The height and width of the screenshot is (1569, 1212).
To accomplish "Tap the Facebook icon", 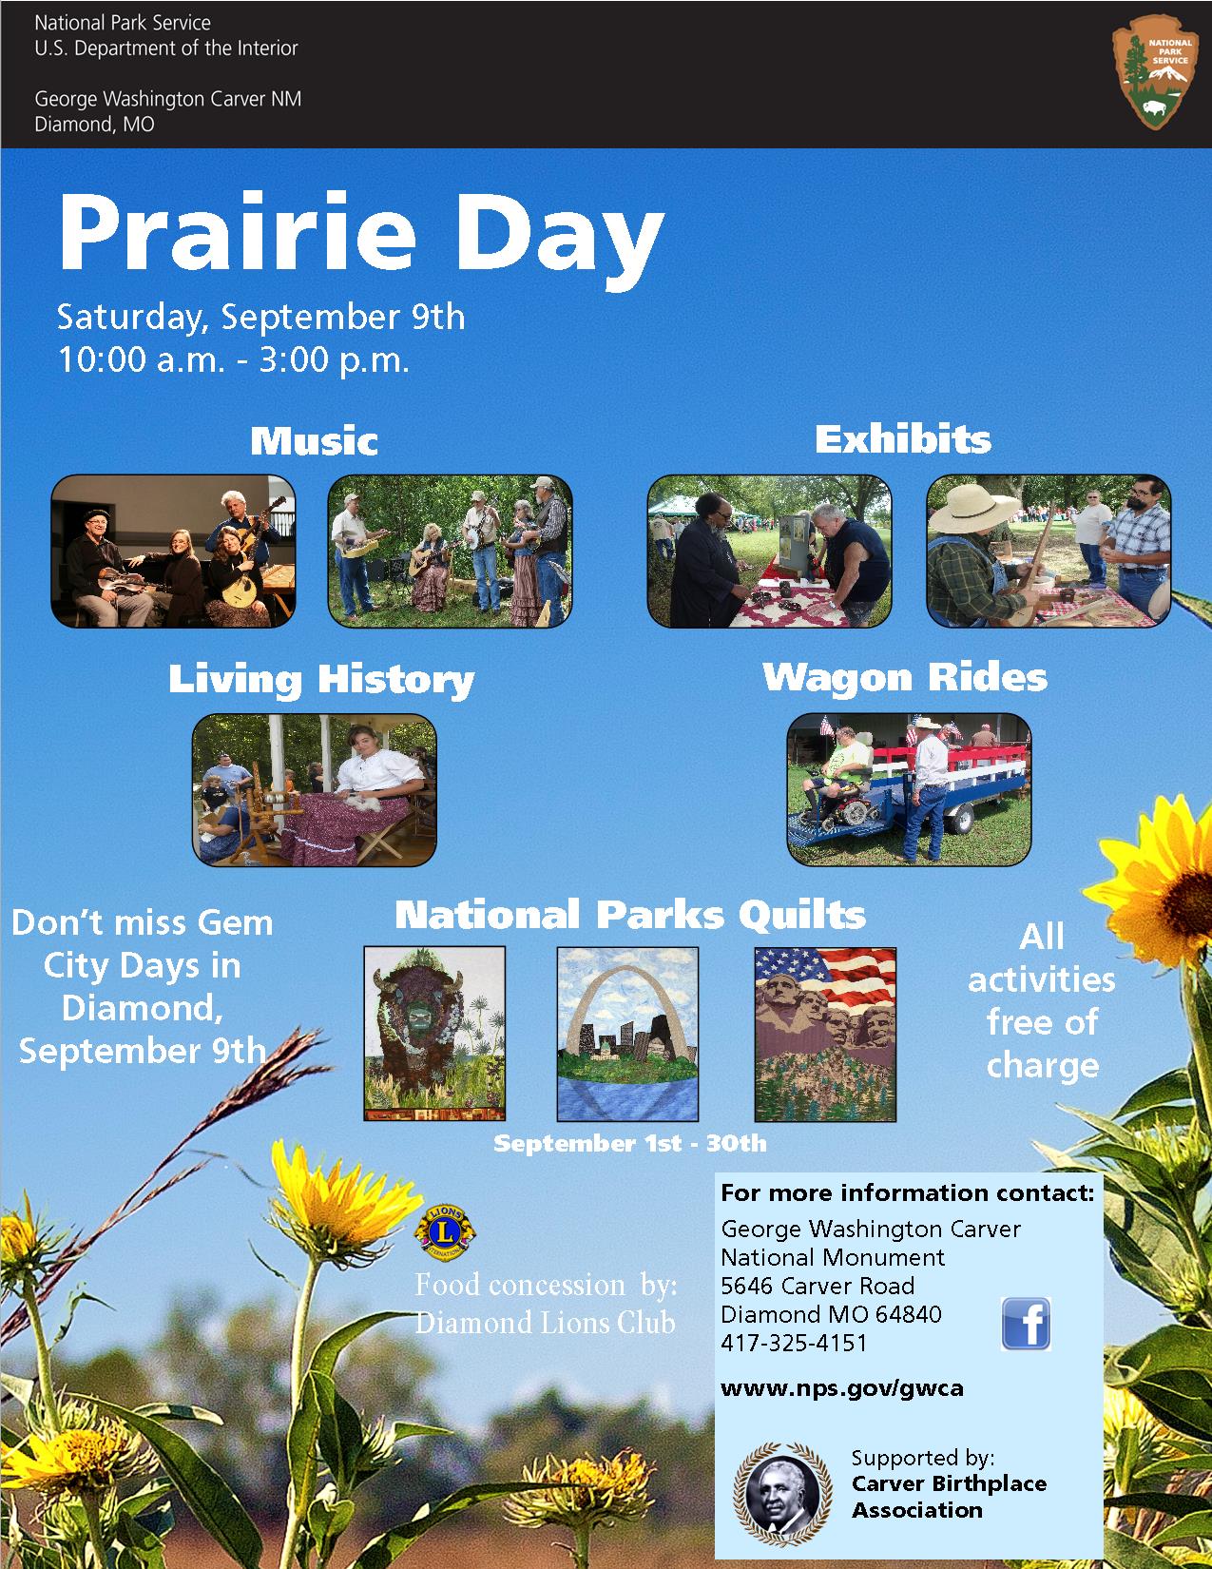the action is (x=1026, y=1323).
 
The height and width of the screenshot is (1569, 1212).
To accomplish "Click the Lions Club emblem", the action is (x=446, y=1231).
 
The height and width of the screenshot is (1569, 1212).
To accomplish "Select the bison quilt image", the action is (x=434, y=1034).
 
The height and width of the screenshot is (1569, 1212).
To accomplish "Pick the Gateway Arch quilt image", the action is (x=627, y=1034).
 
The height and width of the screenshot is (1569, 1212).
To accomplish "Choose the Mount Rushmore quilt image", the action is (x=825, y=1034).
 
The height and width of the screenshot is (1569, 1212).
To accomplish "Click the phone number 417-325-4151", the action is (x=794, y=1343).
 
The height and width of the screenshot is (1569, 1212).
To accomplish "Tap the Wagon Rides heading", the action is (x=905, y=678).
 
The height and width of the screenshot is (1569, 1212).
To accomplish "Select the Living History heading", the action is (x=321, y=680).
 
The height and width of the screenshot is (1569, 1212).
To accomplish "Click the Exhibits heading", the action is (x=903, y=439).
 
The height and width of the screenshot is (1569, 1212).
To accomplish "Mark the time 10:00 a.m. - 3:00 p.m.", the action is (x=233, y=359).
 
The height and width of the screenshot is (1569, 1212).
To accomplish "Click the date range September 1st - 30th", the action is (x=629, y=1144).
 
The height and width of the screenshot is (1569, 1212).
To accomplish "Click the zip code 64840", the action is (x=908, y=1313).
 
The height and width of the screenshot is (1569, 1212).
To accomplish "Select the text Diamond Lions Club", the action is (x=545, y=1323).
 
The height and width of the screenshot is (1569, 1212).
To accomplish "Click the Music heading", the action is (x=314, y=440).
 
